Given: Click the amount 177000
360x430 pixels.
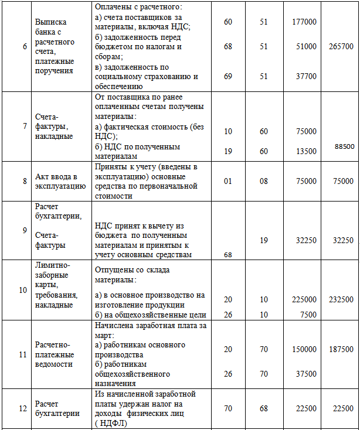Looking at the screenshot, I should pos(304,22).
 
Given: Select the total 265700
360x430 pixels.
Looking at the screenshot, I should pos(342,46).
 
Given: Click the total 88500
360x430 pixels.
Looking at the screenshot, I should pos(343,146).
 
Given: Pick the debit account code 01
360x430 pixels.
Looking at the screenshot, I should pos(228,181).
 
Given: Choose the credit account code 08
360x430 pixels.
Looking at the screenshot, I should pos(264,181).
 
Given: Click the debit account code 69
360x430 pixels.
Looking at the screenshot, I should pos(228,76).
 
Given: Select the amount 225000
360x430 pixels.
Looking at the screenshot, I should pos(304,299).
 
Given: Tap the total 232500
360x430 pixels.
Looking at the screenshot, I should pos(341,299).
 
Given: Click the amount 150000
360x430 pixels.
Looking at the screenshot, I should pos(304,349).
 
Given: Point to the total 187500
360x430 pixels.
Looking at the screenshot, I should pos(341,349).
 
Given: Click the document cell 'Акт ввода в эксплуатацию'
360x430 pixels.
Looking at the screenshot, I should pos(60,181).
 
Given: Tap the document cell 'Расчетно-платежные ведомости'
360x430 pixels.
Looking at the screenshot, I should pos(54,354).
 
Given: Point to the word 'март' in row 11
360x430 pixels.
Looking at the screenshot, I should pos(104,335).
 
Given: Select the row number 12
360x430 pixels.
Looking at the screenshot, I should pos(24,409).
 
